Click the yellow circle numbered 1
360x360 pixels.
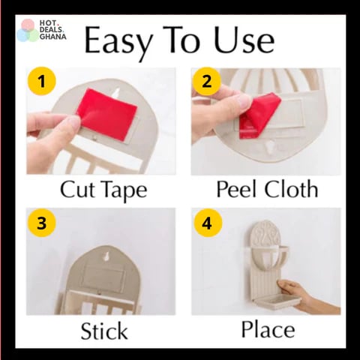(x=42, y=82)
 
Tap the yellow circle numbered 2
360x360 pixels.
(x=207, y=82)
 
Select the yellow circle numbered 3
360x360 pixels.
(x=42, y=223)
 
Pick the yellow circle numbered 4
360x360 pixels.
(x=208, y=223)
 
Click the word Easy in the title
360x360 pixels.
(x=118, y=43)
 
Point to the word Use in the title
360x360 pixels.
(x=244, y=40)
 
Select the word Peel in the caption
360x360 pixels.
(x=237, y=189)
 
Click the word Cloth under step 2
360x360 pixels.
(x=291, y=188)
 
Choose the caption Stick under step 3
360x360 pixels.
(x=104, y=331)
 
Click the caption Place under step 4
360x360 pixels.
(x=268, y=329)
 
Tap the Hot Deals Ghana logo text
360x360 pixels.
(x=53, y=30)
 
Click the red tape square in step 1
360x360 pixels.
(x=107, y=115)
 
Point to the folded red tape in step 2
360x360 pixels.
(x=257, y=114)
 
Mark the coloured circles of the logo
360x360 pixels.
(x=28, y=31)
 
